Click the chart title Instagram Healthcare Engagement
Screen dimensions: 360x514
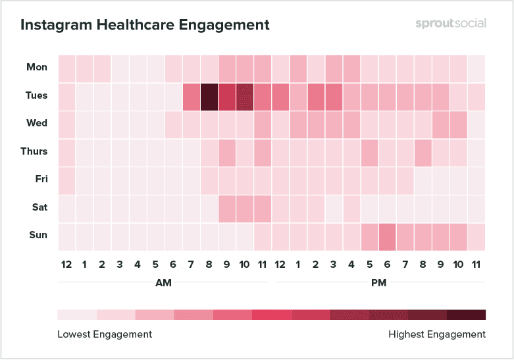tap(145, 25)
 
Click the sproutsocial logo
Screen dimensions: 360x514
tap(451, 23)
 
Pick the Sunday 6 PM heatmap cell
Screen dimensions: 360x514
tap(387, 236)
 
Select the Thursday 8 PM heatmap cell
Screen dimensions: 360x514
tap(423, 151)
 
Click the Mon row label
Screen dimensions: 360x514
tap(37, 67)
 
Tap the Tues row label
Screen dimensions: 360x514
tap(36, 95)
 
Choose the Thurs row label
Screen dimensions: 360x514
tap(34, 151)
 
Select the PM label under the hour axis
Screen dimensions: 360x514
tap(378, 283)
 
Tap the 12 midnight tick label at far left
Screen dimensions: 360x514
tap(66, 265)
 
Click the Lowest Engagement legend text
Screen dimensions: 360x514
tap(105, 334)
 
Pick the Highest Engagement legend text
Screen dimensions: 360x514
tap(437, 334)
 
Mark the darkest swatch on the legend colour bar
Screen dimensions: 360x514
tap(466, 315)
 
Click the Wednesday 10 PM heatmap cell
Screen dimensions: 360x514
tap(458, 123)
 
